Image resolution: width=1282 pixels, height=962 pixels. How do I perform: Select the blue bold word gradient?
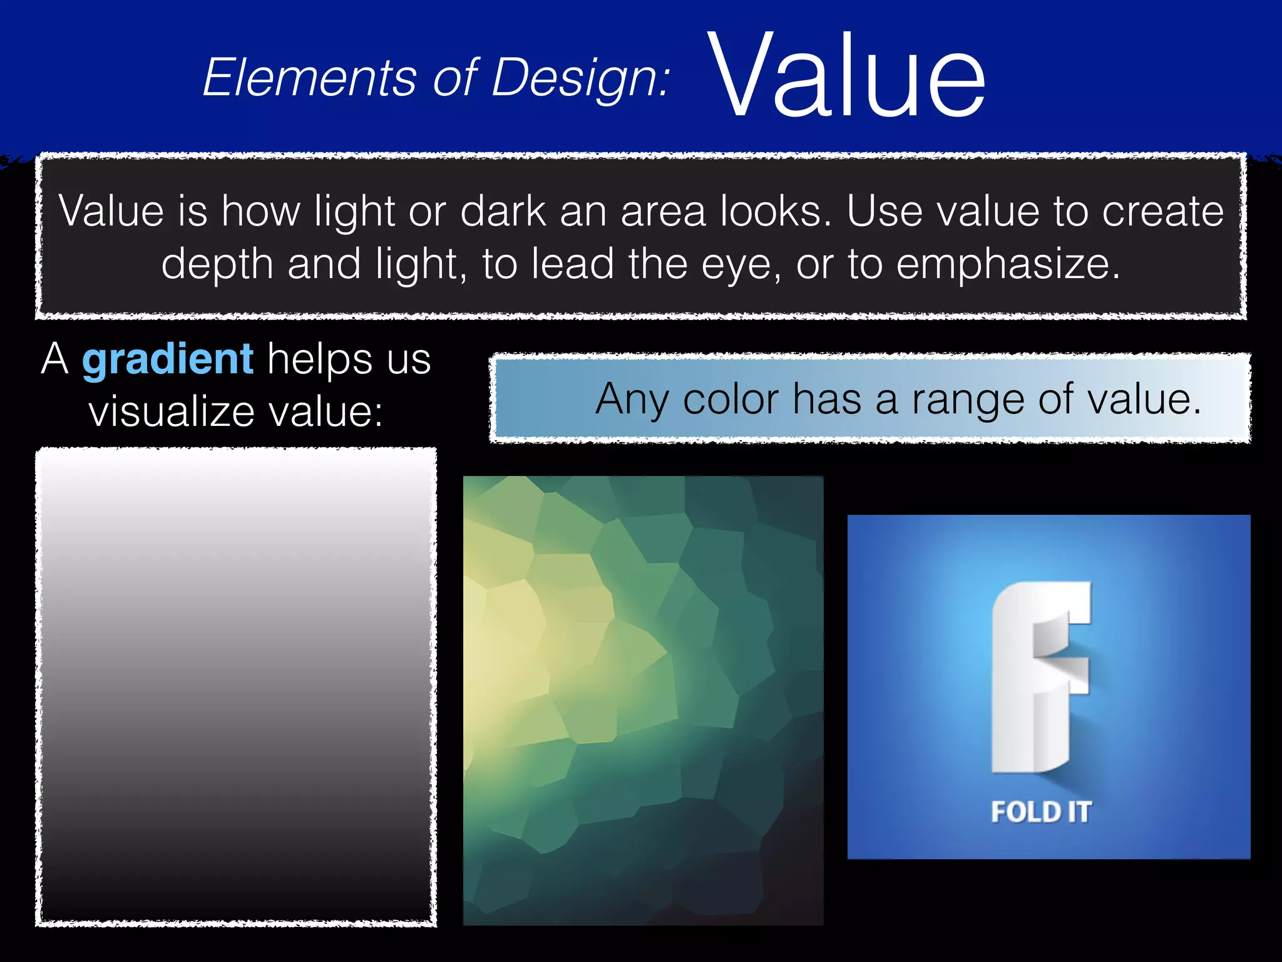coord(168,360)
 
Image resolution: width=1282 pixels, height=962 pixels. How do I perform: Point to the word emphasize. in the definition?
coord(1008,264)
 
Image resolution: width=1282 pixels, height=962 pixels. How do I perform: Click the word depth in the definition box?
coord(217,264)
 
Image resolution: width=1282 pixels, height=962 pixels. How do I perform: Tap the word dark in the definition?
coord(503,211)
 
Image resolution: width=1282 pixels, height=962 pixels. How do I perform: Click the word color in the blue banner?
coord(731,400)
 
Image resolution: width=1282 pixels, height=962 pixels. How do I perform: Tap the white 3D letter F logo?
coord(1040,676)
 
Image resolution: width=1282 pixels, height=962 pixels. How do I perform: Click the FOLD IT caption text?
coord(1040,812)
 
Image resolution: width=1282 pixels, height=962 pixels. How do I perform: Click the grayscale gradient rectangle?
coord(235,686)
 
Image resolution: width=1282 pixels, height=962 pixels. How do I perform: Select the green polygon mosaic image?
coord(643,700)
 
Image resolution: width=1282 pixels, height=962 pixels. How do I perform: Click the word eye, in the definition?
coord(741,264)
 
